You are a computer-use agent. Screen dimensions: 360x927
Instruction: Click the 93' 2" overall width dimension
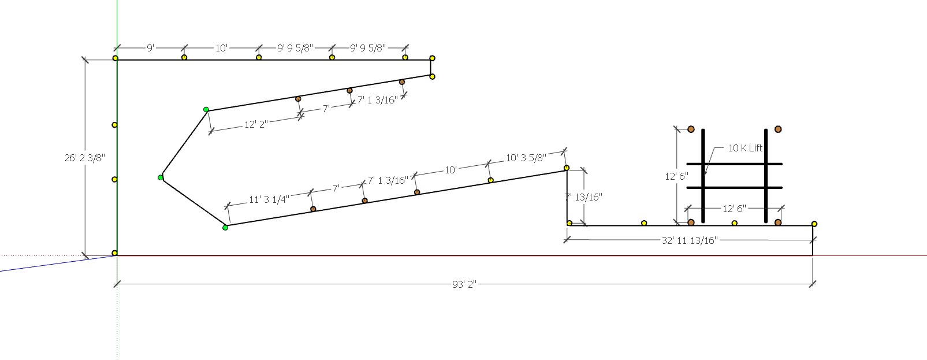[464, 284]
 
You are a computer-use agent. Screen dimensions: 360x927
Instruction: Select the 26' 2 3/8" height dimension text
[84, 157]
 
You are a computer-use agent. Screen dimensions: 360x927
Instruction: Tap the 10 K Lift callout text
[745, 148]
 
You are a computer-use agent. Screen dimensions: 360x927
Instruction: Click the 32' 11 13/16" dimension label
[689, 240]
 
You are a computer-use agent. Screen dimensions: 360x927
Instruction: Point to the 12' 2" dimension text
[255, 124]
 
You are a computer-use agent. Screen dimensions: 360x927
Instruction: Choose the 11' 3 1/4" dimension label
[269, 199]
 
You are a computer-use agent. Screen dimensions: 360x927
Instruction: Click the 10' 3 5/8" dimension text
[525, 158]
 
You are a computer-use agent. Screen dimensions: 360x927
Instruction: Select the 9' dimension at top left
[150, 48]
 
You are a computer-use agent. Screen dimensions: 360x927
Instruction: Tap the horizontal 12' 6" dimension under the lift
[734, 209]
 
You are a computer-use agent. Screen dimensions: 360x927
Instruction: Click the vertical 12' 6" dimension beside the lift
[676, 176]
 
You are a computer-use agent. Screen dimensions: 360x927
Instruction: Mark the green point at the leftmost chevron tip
[161, 177]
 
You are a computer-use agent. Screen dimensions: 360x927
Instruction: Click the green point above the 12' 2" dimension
[206, 109]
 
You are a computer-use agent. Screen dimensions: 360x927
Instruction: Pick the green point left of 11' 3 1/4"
[225, 228]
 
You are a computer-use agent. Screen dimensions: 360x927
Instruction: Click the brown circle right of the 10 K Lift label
[778, 129]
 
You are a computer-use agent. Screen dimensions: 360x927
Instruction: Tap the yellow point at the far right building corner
[814, 224]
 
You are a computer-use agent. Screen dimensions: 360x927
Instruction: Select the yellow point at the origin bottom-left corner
[115, 253]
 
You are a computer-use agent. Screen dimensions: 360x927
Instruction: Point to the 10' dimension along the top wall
[221, 48]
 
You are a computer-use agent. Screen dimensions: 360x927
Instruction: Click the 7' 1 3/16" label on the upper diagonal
[377, 100]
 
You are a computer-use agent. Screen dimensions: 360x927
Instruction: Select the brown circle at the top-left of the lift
[691, 129]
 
